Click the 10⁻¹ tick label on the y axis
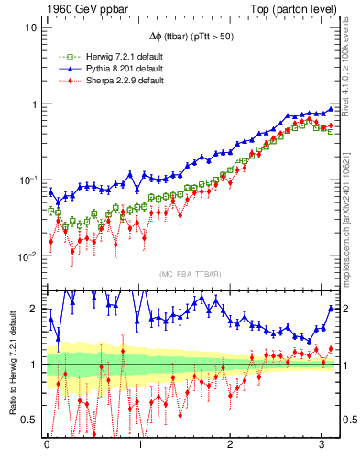(27, 180)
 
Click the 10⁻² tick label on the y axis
(27, 256)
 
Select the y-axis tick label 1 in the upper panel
(34, 104)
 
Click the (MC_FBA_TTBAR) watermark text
(190, 274)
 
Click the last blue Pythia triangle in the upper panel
(331, 109)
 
